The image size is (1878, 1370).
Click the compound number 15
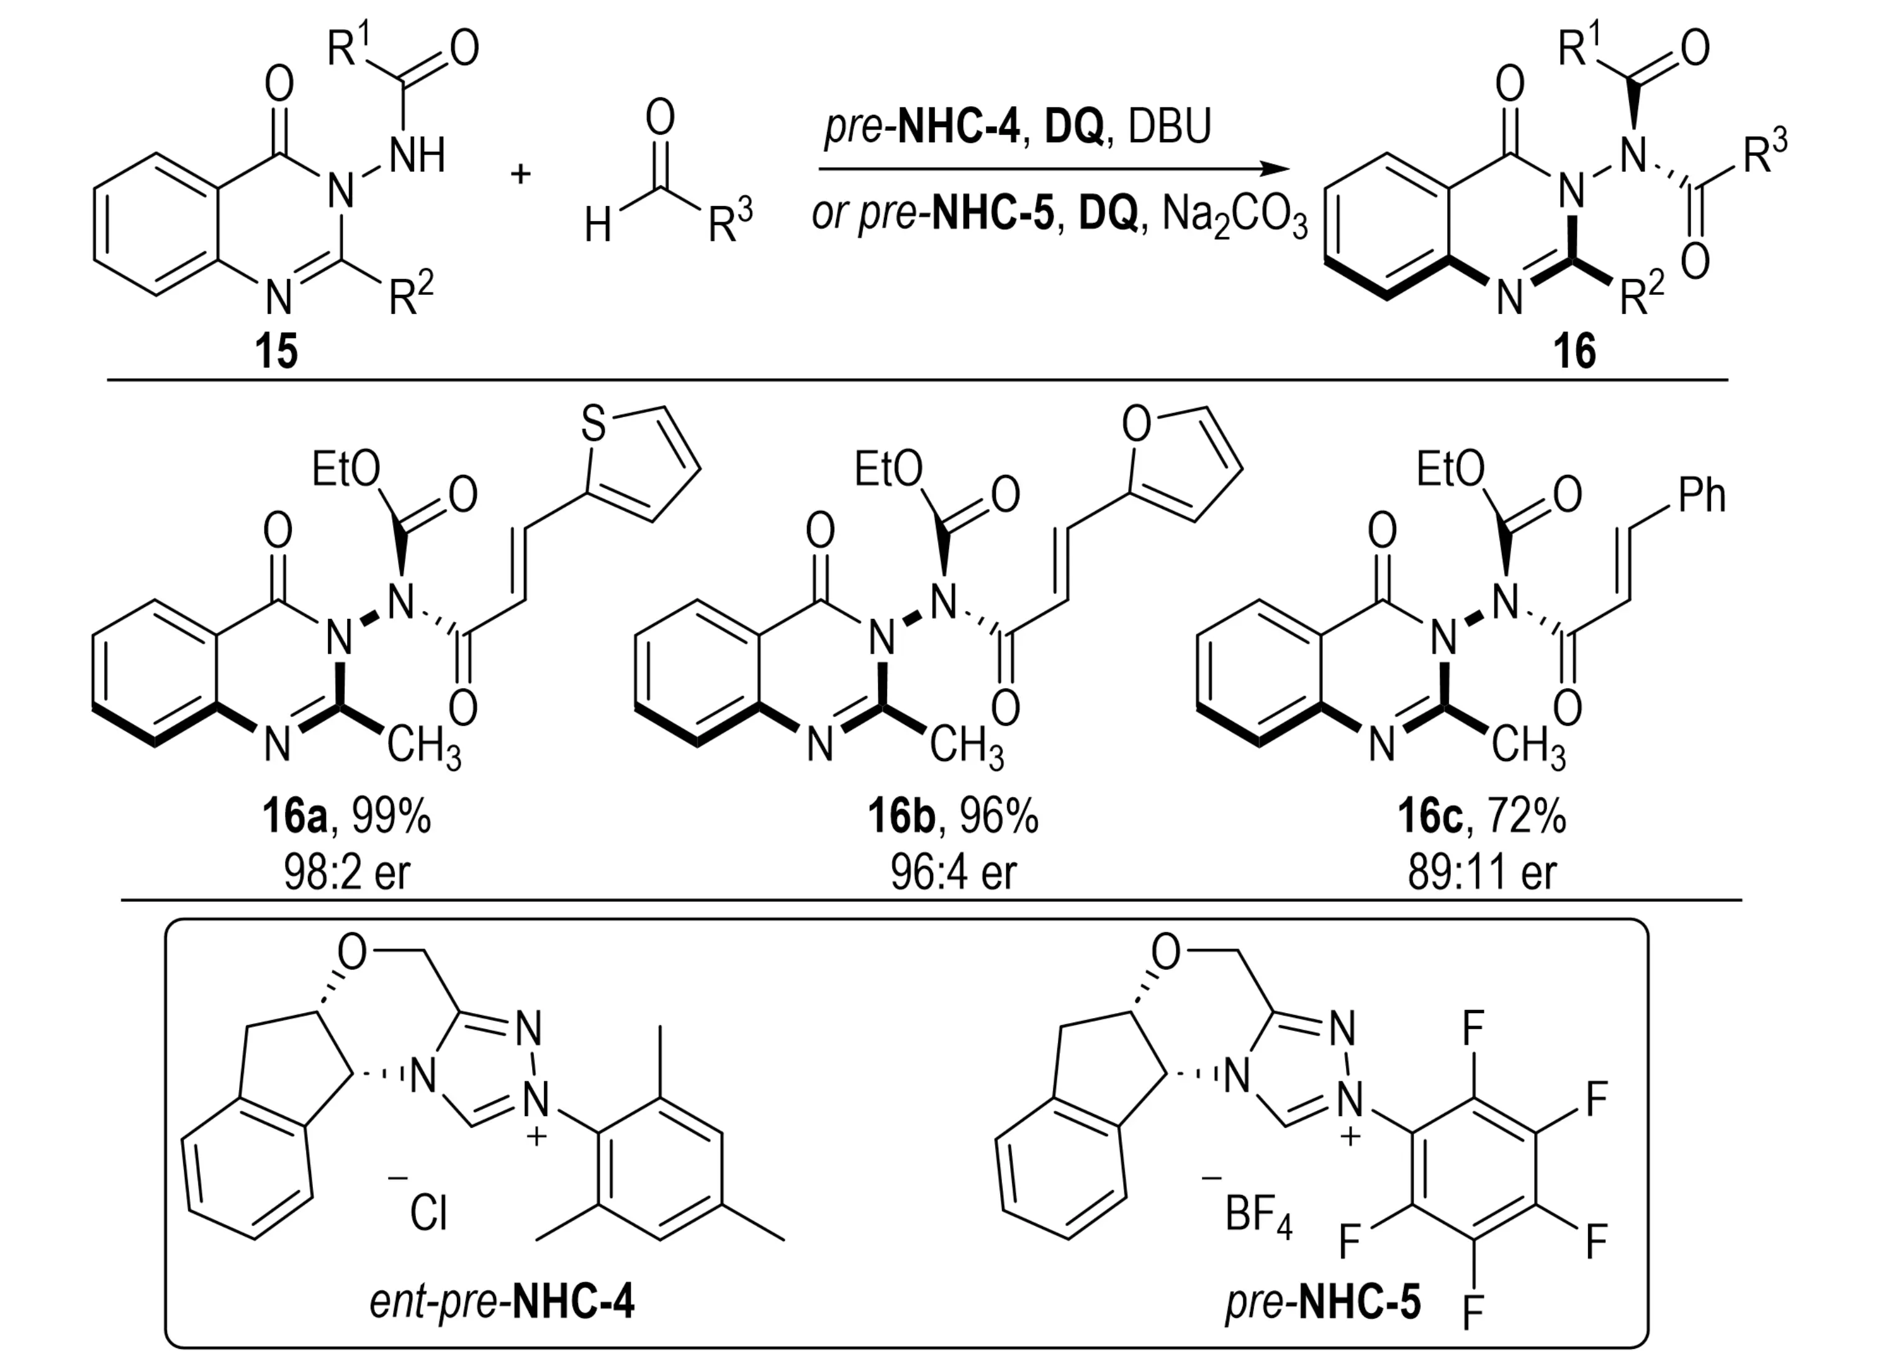click(x=276, y=351)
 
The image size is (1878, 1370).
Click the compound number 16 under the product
click(x=1574, y=351)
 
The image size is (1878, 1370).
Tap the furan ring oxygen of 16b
click(x=1135, y=424)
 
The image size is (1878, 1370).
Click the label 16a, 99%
click(x=347, y=817)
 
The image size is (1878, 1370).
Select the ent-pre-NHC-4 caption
click(x=502, y=1302)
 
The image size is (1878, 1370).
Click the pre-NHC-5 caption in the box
click(x=1323, y=1302)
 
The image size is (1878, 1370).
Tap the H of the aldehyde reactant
click(x=597, y=225)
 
